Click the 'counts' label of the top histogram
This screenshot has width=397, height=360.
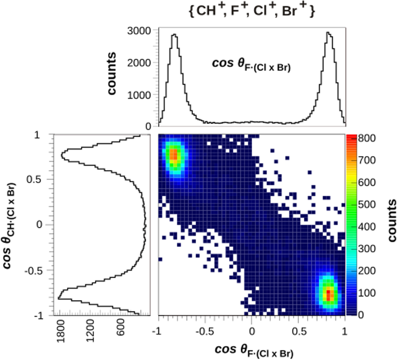(x=112, y=74)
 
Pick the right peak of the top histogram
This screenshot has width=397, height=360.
(x=328, y=33)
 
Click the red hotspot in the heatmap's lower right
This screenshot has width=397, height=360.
(x=328, y=295)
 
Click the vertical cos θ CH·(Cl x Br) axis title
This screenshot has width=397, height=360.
(x=11, y=224)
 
